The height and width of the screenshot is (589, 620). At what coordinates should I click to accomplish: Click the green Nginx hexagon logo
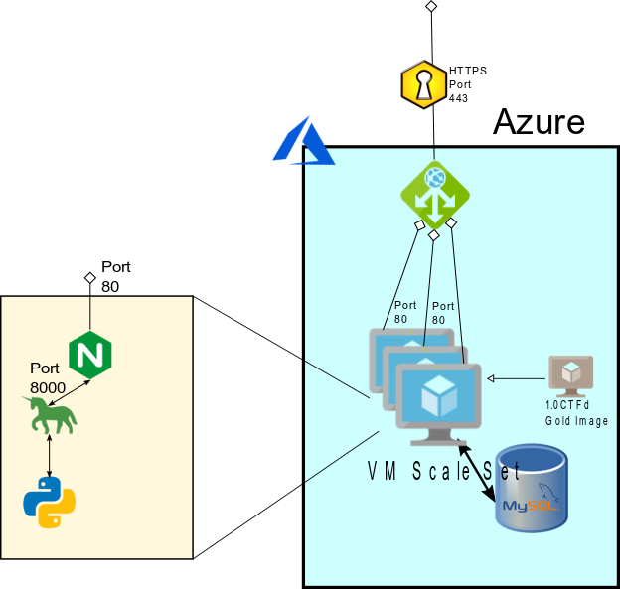(x=90, y=354)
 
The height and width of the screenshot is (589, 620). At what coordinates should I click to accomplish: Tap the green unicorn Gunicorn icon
(x=51, y=414)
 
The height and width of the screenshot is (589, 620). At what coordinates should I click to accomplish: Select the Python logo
(x=50, y=502)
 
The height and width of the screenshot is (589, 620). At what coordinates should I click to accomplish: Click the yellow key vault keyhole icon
(x=423, y=83)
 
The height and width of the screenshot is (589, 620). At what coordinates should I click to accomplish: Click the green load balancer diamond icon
(x=434, y=194)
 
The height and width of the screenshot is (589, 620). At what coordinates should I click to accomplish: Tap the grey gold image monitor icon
(x=571, y=375)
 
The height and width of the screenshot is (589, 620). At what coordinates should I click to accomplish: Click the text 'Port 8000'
(x=46, y=377)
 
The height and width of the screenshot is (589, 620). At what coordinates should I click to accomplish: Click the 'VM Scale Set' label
(x=444, y=472)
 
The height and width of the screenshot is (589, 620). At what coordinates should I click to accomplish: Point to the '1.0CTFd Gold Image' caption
(x=576, y=413)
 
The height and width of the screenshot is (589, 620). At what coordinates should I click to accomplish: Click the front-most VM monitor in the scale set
(x=438, y=402)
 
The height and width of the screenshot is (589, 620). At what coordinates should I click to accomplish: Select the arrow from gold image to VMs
(x=517, y=377)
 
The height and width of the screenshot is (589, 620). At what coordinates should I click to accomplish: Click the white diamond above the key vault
(x=431, y=7)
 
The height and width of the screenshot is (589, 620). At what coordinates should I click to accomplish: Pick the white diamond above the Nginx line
(x=90, y=277)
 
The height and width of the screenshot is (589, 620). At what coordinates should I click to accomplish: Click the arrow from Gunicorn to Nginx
(x=70, y=391)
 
